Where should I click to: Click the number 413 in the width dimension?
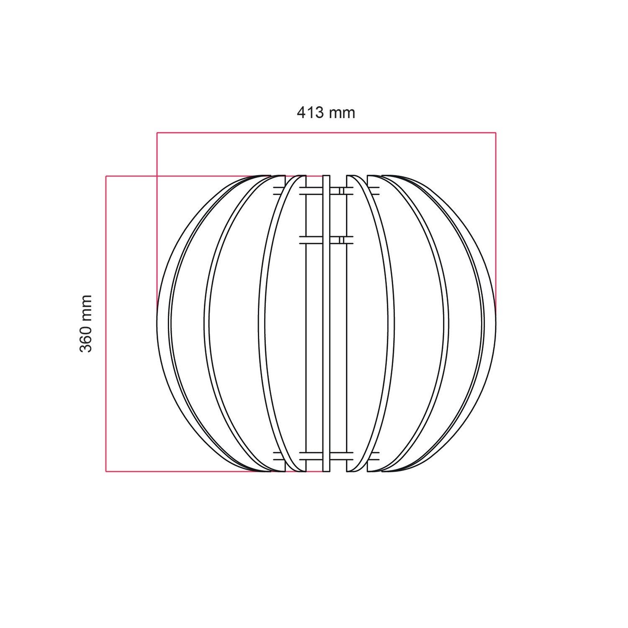(311, 113)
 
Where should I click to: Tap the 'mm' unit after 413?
(342, 113)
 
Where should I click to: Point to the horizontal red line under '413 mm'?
(326, 133)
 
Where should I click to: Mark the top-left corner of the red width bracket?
(157, 133)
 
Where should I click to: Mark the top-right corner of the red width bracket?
(496, 133)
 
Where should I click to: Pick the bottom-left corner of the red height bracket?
(106, 472)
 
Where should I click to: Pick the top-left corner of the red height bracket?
(106, 176)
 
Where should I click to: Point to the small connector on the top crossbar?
(341, 191)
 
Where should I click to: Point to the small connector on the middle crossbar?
(341, 240)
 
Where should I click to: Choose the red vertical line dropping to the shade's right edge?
(496, 218)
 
